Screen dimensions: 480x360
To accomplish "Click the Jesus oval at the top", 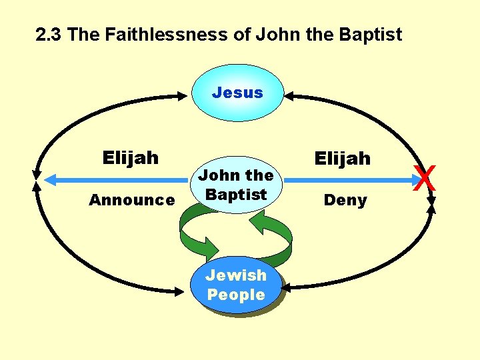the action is click(237, 93).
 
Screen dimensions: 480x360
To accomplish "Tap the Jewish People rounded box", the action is click(235, 285).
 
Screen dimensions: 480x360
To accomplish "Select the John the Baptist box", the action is click(235, 185).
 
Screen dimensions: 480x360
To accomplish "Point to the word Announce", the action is click(132, 200).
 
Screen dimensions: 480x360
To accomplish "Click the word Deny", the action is click(345, 200).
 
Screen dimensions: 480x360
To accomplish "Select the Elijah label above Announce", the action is click(131, 158).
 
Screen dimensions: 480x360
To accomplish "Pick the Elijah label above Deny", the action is click(342, 158).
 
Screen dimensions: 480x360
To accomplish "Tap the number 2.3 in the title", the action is click(49, 35).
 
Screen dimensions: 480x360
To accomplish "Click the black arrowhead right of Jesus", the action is click(291, 97).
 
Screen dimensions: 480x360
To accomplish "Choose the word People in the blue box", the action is click(235, 295).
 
